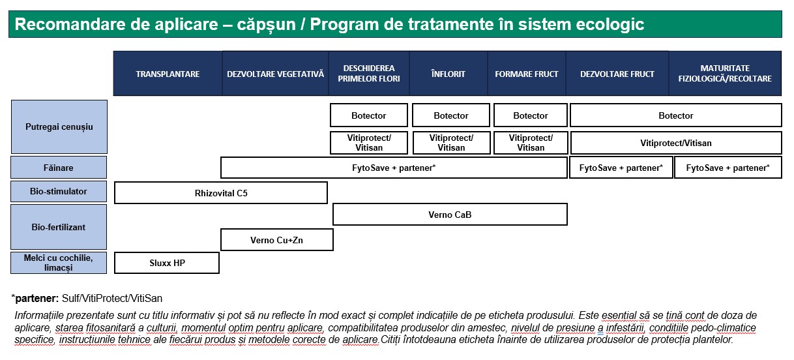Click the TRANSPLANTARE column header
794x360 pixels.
click(x=168, y=74)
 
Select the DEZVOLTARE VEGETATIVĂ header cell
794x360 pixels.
click(x=275, y=74)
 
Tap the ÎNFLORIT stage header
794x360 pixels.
click(x=448, y=74)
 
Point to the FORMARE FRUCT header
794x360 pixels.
click(x=527, y=74)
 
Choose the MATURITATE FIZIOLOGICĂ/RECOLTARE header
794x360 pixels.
click(x=725, y=74)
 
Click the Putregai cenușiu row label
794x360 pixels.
click(x=59, y=127)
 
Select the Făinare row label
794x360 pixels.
click(x=59, y=168)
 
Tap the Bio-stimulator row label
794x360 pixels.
click(x=59, y=191)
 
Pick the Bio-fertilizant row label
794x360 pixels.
click(x=59, y=227)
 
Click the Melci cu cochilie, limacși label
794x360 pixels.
click(x=59, y=262)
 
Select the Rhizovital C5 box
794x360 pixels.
click(x=221, y=193)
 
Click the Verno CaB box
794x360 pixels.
click(x=450, y=214)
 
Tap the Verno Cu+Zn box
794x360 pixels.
click(x=277, y=240)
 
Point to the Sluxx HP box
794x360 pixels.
click(x=167, y=263)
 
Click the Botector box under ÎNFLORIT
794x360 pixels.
click(x=451, y=115)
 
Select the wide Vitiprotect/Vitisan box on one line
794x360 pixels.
click(x=676, y=143)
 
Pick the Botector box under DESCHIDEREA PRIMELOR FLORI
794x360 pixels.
click(x=369, y=115)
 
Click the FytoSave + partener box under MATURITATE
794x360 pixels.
click(x=728, y=168)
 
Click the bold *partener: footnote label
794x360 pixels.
click(x=35, y=298)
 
